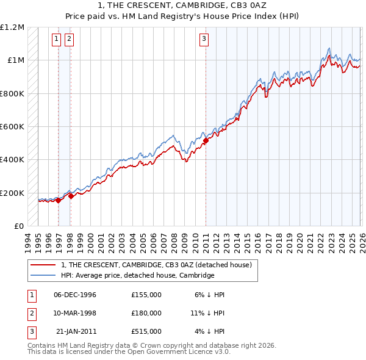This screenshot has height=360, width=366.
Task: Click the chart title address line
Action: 183,5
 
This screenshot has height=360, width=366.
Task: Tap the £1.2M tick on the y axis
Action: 12,27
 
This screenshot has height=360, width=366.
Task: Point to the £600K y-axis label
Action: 12,127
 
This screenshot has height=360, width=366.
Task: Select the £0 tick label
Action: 18,226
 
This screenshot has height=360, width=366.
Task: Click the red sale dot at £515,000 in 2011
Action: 206,141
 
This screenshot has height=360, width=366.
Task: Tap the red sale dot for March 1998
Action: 71,196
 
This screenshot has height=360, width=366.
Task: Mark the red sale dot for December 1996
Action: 59,200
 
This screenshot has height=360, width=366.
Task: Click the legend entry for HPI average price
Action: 137,275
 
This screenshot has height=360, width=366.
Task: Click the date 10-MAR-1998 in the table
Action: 75,313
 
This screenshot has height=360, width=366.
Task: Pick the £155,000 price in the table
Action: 146,295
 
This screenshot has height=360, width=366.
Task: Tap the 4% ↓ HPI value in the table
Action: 210,331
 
